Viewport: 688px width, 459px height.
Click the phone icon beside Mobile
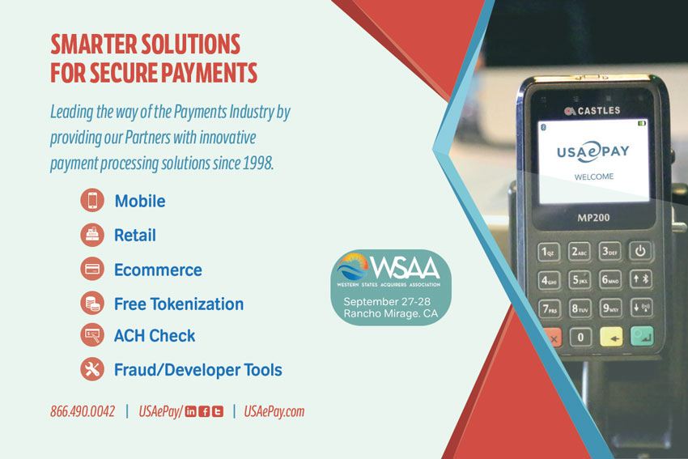92,201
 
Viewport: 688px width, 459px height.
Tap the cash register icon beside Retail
92,235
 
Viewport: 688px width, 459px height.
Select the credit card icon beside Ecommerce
92,269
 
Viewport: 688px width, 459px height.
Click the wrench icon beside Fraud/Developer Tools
92,369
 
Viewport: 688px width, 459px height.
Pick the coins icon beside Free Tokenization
92,304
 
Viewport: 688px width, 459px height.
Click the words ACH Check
155,336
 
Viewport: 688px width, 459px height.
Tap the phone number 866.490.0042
83,411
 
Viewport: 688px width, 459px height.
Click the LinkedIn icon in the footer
190,411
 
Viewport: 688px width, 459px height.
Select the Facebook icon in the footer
204,411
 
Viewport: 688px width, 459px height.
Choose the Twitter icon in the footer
218,411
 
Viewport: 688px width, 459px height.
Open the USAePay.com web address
274,411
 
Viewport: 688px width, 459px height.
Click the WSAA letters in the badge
405,268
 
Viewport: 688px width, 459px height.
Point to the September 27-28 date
387,301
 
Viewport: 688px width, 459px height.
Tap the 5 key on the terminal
580,279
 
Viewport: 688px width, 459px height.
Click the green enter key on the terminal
642,336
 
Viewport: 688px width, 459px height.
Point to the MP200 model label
593,218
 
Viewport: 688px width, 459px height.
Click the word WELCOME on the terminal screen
594,176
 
